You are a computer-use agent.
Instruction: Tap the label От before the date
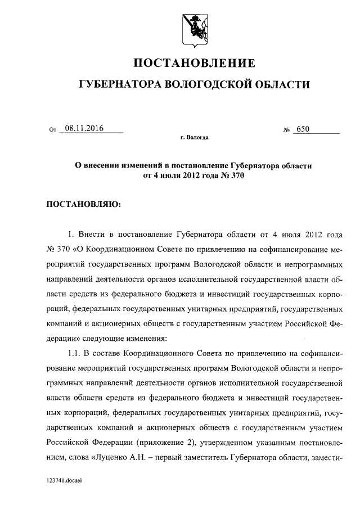point(53,130)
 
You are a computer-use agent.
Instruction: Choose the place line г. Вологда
point(194,137)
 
